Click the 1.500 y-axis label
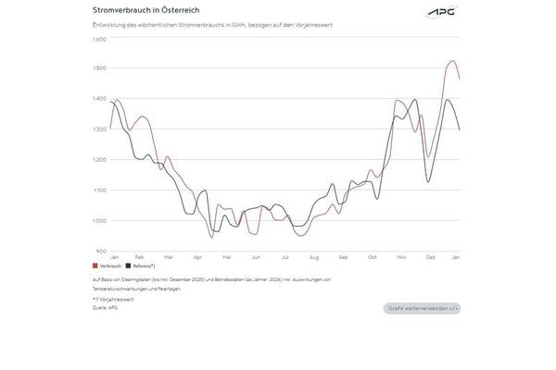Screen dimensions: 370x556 pyautogui.click(x=99, y=68)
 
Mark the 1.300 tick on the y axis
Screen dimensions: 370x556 pyautogui.click(x=99, y=129)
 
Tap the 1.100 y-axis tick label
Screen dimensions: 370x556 pyautogui.click(x=99, y=191)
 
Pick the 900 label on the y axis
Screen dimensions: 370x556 pyautogui.click(x=101, y=251)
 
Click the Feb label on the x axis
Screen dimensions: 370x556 pyautogui.click(x=139, y=256)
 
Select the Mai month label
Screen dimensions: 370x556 pyautogui.click(x=226, y=256)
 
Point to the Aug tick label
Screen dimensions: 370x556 pyautogui.click(x=314, y=256)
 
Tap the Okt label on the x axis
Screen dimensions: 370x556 pyautogui.click(x=373, y=256)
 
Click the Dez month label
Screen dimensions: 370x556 pyautogui.click(x=431, y=256)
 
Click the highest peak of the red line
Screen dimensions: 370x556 pyautogui.click(x=451, y=61)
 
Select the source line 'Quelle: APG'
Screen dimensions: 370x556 pyautogui.click(x=106, y=307)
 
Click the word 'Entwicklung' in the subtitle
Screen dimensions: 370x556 pyautogui.click(x=107, y=25)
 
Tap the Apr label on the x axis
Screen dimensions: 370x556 pyautogui.click(x=197, y=256)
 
